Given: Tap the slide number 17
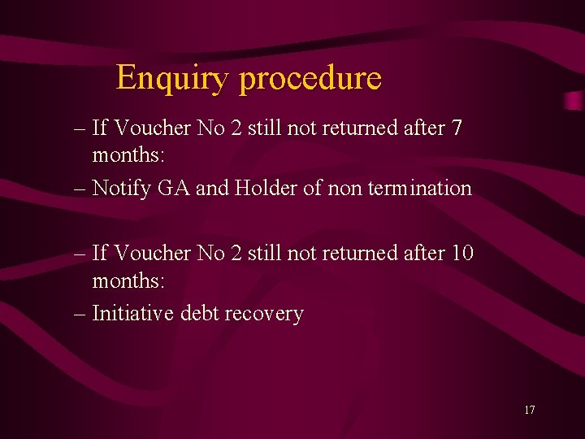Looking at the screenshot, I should point(529,410).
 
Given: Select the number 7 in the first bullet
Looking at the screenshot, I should point(456,128).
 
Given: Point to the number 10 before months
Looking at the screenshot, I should point(459,253).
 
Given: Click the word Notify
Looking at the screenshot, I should point(122,188).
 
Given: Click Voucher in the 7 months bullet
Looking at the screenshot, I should point(151,128).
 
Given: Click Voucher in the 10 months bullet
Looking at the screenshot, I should point(151,253).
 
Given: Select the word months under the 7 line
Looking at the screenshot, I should point(128,154).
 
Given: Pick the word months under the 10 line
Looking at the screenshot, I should point(128,280).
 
